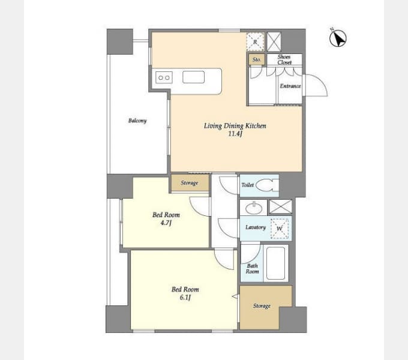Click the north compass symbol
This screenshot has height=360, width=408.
tap(338, 38)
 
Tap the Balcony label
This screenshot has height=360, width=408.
tap(137, 121)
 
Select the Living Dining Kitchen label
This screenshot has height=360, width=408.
tap(235, 126)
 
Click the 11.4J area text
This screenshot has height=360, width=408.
tap(235, 134)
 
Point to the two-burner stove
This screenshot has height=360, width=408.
tap(164, 77)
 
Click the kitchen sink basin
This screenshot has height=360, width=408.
tap(193, 77)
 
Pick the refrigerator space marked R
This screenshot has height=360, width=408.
tap(255, 41)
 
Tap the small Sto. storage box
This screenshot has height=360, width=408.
tap(257, 59)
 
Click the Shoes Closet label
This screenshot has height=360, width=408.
tap(284, 59)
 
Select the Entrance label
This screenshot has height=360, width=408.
tap(290, 86)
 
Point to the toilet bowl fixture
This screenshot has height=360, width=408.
tap(267, 185)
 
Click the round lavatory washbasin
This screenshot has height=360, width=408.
tap(254, 208)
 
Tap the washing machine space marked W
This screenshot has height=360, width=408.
tap(280, 229)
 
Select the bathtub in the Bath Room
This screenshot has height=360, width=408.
tap(275, 263)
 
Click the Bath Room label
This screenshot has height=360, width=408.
tap(253, 268)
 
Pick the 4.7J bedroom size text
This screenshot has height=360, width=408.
tap(166, 223)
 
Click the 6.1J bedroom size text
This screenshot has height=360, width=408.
tap(185, 298)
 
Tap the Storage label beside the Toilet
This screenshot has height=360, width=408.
tap(190, 183)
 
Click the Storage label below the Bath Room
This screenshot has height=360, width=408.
tap(262, 306)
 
